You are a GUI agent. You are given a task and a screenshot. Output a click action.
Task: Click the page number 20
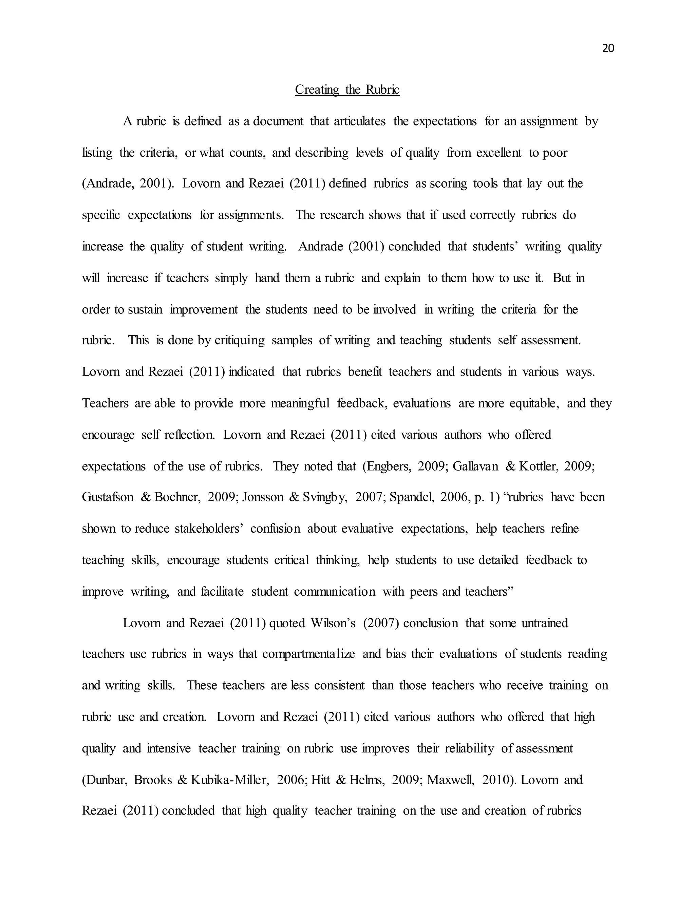(608, 49)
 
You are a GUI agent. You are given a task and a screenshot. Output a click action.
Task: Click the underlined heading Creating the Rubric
(347, 90)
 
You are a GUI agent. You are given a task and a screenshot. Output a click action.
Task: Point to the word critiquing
(239, 340)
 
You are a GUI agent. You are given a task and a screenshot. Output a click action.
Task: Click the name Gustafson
(108, 497)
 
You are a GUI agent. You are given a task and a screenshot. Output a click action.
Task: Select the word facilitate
(222, 592)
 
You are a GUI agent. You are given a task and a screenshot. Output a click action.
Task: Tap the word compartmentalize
(308, 654)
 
